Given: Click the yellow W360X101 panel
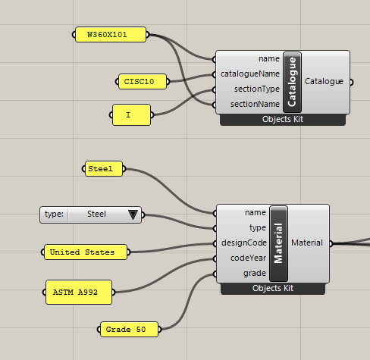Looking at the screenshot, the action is (x=111, y=35).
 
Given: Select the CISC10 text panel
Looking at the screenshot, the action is (x=143, y=82).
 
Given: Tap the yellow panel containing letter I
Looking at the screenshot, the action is (x=131, y=115).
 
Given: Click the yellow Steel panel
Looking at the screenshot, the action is (x=104, y=169).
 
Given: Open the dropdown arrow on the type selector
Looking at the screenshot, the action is (x=133, y=214).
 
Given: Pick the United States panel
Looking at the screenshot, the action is (x=86, y=252).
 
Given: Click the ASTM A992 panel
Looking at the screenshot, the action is (x=79, y=293).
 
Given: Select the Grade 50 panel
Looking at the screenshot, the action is (x=129, y=330).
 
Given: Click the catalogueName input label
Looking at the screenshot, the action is (x=250, y=74).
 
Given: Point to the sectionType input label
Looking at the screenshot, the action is (x=257, y=89).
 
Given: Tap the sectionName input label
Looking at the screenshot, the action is (x=255, y=104).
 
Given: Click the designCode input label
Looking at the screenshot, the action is (x=244, y=243).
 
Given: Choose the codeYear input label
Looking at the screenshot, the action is (x=248, y=258).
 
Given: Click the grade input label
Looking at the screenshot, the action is (x=255, y=274).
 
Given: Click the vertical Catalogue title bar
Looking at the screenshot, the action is (x=292, y=82).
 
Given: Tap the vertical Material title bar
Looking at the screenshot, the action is (x=278, y=243).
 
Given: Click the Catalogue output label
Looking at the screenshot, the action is (x=324, y=81).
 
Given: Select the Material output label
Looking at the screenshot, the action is (x=307, y=243).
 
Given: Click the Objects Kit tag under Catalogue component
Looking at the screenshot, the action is (x=283, y=119).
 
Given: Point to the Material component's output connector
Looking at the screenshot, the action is (x=331, y=243).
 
